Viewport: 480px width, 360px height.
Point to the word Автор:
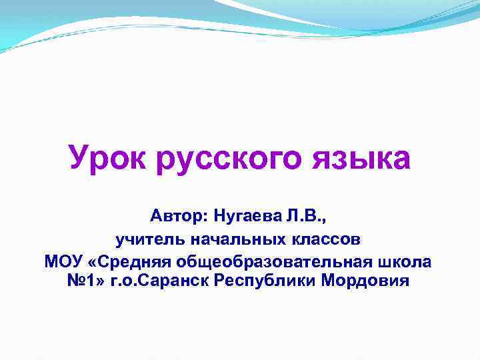179,216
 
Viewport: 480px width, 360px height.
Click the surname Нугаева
248,216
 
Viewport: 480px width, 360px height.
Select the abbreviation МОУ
63,261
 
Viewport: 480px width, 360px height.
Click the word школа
405,261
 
